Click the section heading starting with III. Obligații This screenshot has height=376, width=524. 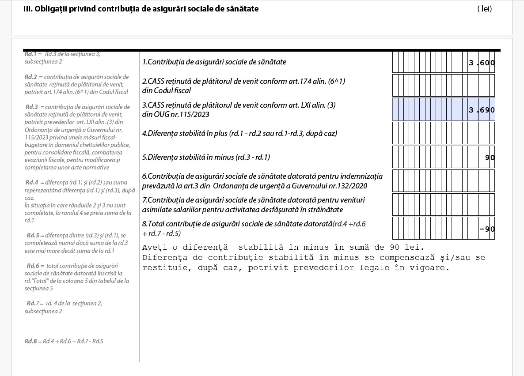[x=141, y=9]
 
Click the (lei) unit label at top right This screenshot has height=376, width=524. [x=484, y=9]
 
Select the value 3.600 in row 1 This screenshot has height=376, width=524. [x=482, y=63]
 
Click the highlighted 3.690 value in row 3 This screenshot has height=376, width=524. [x=482, y=110]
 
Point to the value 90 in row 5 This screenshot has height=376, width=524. [x=490, y=158]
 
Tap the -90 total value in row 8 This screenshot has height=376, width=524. [x=487, y=229]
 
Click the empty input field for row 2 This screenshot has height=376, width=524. [x=443, y=86]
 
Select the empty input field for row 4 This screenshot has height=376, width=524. [x=443, y=133]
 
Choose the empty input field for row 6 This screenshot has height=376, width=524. [x=443, y=180]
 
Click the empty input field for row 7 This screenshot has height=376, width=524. [x=443, y=204]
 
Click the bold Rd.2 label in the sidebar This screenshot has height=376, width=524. [x=31, y=77]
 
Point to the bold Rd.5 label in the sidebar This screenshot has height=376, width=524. [x=33, y=235]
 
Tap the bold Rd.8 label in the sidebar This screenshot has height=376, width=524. [x=31, y=341]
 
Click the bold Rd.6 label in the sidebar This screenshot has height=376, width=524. [x=33, y=266]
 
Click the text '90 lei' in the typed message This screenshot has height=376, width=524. [x=404, y=247]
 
